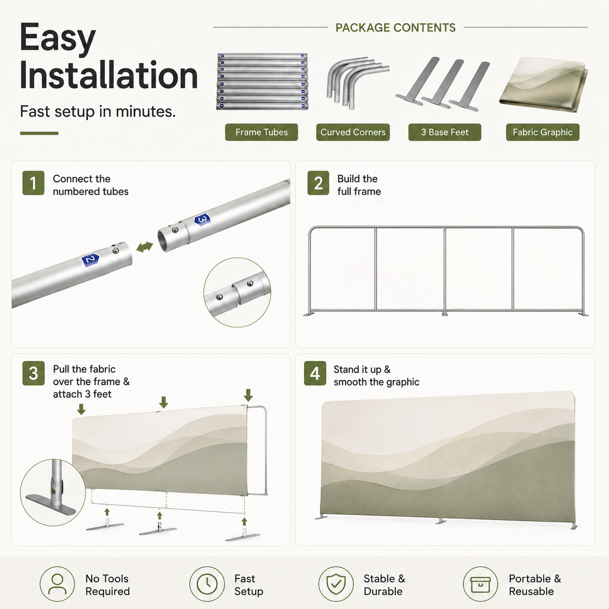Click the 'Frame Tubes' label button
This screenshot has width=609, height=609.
click(261, 132)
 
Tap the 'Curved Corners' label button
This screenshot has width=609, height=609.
click(353, 132)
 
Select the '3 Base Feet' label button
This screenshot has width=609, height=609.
click(445, 132)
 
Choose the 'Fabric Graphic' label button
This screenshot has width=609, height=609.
click(542, 132)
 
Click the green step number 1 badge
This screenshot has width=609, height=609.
click(34, 183)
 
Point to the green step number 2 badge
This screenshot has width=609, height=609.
click(318, 183)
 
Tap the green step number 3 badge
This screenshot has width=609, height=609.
click(34, 373)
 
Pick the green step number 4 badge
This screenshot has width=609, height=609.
click(315, 373)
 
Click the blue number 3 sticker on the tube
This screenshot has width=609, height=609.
click(202, 220)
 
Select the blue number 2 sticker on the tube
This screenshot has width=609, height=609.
click(90, 260)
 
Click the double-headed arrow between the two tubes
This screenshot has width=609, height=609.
click(145, 247)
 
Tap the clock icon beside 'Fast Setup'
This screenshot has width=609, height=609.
click(207, 584)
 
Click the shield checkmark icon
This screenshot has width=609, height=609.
click(336, 584)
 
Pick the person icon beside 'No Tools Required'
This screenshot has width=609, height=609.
click(57, 584)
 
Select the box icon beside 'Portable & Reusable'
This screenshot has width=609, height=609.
click(480, 584)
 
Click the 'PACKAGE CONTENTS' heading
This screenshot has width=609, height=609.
click(396, 28)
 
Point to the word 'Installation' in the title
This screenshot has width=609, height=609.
click(109, 75)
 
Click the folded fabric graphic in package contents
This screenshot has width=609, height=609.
click(543, 85)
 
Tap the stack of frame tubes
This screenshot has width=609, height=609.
click(262, 82)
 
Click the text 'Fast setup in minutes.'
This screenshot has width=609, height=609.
click(98, 112)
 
